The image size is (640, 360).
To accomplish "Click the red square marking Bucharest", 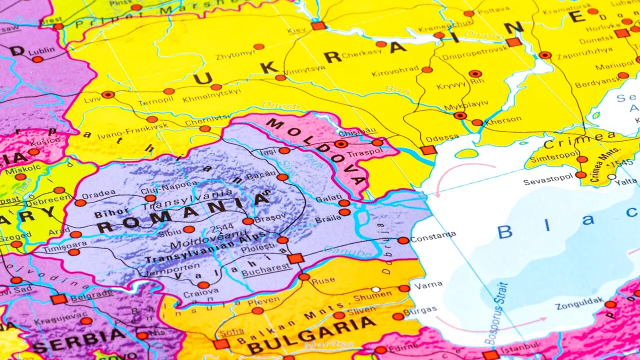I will (x=295, y=258).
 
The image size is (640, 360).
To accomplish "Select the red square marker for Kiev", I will (x=318, y=26).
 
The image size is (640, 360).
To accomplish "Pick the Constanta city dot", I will (x=403, y=240).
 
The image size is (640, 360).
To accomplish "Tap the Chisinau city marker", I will (x=341, y=144).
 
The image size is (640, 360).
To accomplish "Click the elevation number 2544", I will (x=222, y=228).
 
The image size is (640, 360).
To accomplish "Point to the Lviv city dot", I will (x=108, y=94).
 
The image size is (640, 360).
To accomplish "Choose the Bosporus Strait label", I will (x=495, y=313).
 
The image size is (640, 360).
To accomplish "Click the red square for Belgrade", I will (x=58, y=299).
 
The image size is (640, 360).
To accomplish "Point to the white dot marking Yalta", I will (x=612, y=176).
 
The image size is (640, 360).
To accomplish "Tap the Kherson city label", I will (x=503, y=120).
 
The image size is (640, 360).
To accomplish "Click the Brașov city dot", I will (x=248, y=221).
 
